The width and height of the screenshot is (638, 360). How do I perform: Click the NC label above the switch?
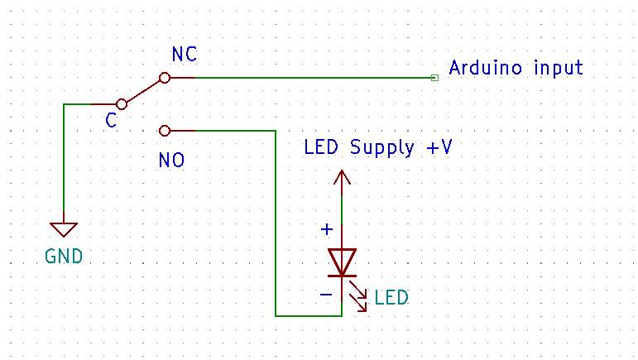[x=185, y=55]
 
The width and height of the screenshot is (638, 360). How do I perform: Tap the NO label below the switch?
[x=171, y=160]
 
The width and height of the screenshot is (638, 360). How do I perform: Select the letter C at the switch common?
[x=111, y=122]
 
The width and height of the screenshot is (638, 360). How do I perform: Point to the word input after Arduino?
[x=558, y=68]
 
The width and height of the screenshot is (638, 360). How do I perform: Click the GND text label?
[x=64, y=256]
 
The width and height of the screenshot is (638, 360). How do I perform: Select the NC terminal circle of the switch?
[x=165, y=78]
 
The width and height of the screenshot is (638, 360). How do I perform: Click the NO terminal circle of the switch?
[x=164, y=131]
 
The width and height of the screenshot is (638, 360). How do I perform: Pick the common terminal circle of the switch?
[x=122, y=104]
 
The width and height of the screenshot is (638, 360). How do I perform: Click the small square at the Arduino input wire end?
[x=434, y=78]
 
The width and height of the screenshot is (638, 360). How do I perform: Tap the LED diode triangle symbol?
[x=342, y=260]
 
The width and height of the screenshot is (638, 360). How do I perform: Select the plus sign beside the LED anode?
[x=327, y=229]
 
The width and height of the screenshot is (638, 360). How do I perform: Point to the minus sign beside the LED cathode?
[x=326, y=294]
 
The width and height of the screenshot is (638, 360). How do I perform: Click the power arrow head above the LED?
[x=342, y=176]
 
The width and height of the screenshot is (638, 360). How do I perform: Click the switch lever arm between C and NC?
[x=142, y=91]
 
